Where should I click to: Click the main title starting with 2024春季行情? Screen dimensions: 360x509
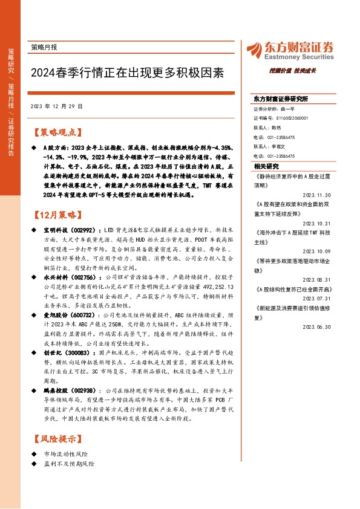click(126, 73)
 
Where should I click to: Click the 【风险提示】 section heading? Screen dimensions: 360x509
click(55, 437)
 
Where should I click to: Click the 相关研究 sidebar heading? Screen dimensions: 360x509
click(267, 165)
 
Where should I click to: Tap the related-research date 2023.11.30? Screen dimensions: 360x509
click(331, 195)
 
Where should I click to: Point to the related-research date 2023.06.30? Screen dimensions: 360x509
click(331, 326)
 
